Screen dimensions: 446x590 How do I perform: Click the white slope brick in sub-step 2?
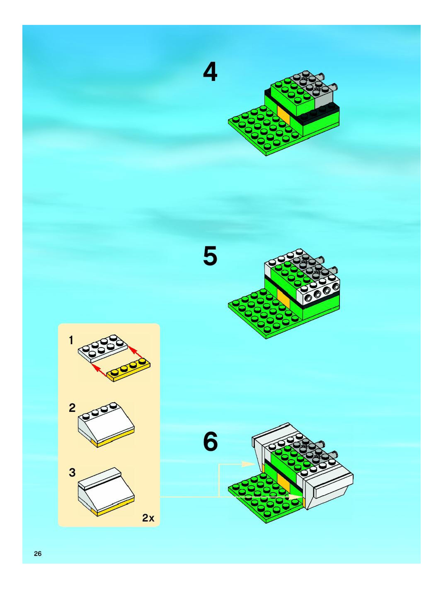[106, 424]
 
